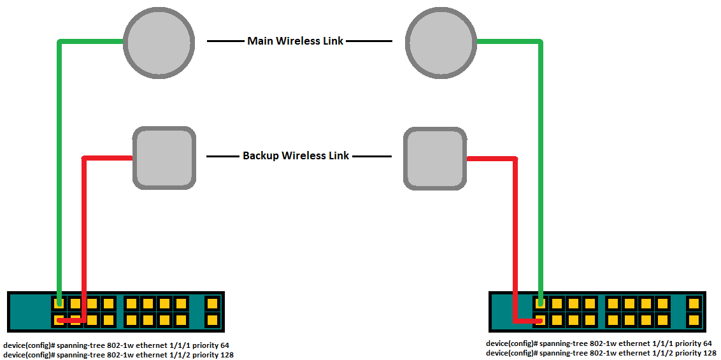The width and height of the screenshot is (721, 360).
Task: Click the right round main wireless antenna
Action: coord(440,42)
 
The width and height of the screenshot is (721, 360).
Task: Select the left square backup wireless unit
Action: coord(164,157)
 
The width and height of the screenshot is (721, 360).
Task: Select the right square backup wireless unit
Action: coord(435,157)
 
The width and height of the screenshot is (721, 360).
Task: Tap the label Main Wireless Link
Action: coord(295,41)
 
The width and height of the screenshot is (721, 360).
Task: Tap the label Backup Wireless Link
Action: coord(296,155)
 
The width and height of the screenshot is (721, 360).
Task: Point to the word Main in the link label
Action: coord(259,41)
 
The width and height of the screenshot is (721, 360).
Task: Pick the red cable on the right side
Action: coord(515,236)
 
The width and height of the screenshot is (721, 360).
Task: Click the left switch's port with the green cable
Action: coord(59,303)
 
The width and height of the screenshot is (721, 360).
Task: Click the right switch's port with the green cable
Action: coord(540,303)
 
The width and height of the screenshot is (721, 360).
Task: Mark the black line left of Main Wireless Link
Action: coord(225,41)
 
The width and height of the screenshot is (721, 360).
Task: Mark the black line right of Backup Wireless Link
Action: coord(371,155)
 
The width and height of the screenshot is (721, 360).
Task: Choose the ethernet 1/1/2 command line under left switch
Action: coord(118,355)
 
